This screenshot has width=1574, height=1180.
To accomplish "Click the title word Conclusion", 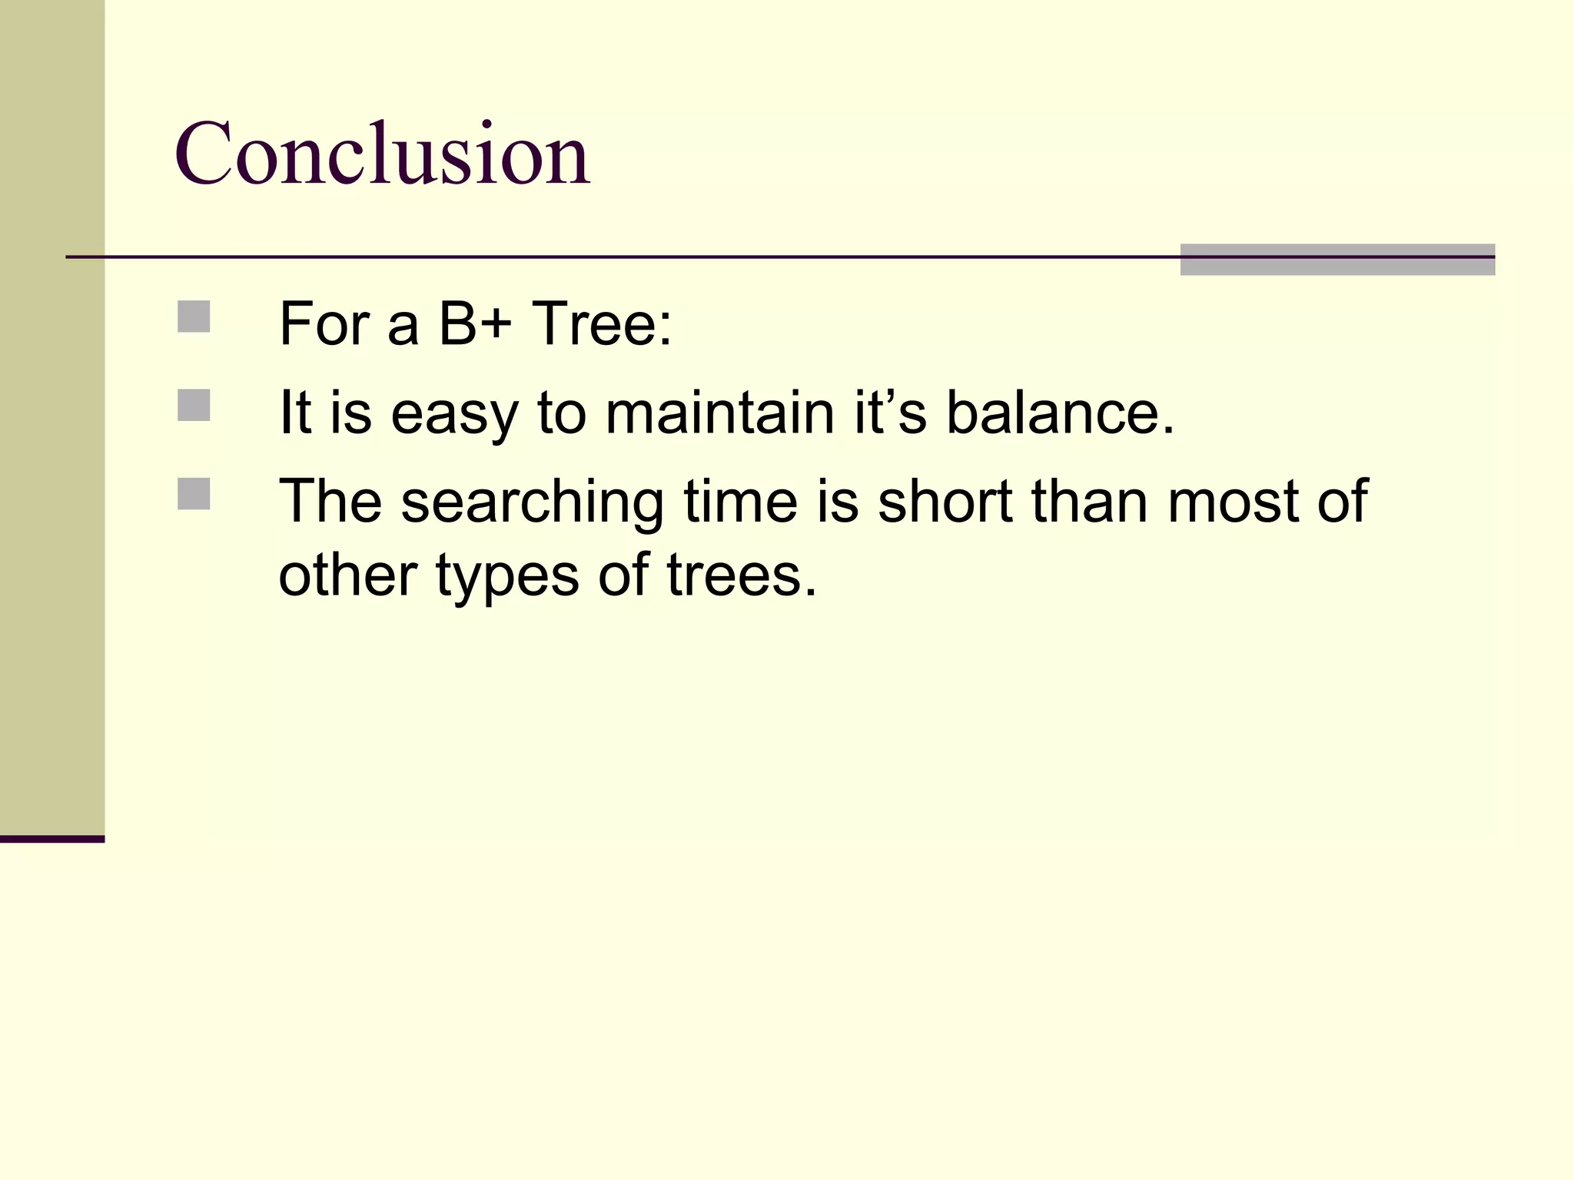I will click(x=382, y=154).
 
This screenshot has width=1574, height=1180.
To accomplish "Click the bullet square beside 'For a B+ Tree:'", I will click(x=194, y=317).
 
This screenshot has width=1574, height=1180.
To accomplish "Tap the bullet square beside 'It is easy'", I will click(x=194, y=406).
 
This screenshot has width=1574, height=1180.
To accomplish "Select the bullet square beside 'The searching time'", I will click(x=194, y=494).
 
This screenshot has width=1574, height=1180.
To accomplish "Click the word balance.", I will click(x=1060, y=413).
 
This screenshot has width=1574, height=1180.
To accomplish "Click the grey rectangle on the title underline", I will click(x=1337, y=260).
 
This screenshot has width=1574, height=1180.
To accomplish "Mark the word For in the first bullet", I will click(x=324, y=324).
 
